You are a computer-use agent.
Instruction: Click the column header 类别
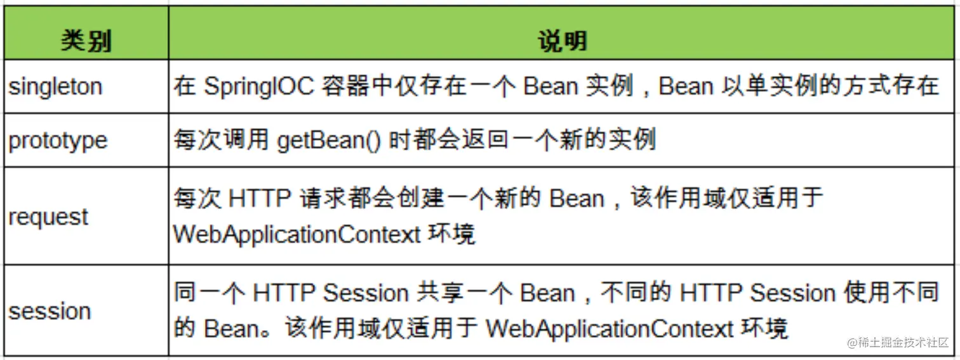[86, 41]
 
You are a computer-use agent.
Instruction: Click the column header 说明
[563, 41]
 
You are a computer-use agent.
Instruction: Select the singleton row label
[55, 87]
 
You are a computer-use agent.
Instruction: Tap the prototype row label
[58, 141]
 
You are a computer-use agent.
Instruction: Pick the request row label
[48, 217]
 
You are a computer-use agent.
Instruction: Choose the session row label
[50, 311]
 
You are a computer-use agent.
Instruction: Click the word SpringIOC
[259, 86]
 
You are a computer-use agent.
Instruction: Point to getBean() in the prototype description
[329, 140]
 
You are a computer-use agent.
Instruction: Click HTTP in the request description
[260, 199]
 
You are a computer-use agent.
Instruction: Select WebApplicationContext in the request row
[297, 234]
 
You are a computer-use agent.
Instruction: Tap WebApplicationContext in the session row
[610, 329]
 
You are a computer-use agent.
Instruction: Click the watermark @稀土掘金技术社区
[898, 342]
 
